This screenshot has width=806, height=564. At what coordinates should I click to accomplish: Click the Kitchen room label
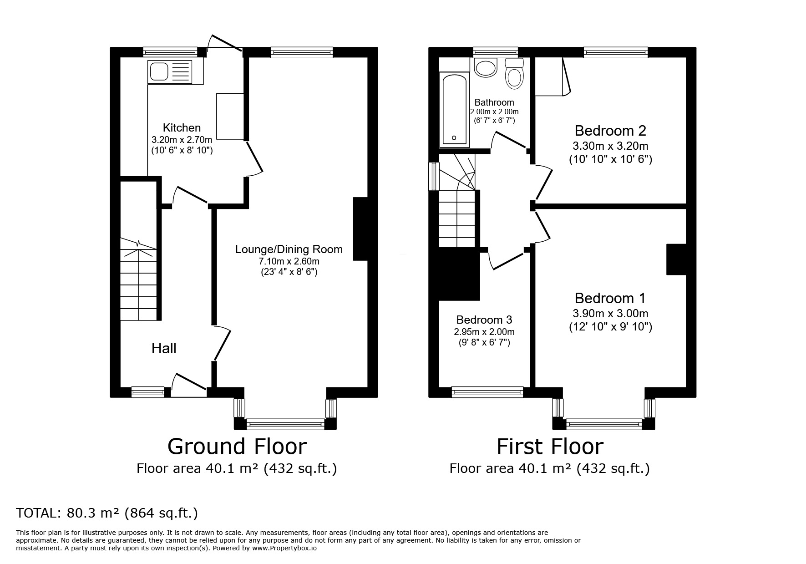tap(182, 128)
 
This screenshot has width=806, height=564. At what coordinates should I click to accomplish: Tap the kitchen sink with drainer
tap(170, 71)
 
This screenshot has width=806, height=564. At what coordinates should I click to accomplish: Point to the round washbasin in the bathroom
tap(485, 69)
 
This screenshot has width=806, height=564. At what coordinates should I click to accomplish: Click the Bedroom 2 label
tap(610, 131)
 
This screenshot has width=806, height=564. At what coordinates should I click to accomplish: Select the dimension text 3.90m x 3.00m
tap(610, 314)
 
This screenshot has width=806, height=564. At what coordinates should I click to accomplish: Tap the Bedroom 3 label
tap(484, 320)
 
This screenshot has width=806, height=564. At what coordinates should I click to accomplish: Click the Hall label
tap(164, 349)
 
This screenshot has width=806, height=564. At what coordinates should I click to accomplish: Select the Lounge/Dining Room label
tap(289, 249)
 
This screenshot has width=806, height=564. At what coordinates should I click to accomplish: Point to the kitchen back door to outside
tap(224, 43)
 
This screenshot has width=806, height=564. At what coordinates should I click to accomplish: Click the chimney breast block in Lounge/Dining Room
tap(360, 229)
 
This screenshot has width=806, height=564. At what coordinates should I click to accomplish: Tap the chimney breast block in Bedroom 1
tap(676, 259)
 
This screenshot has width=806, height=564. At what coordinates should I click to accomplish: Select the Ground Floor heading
tap(237, 447)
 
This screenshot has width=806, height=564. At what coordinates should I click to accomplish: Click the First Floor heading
tap(549, 447)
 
